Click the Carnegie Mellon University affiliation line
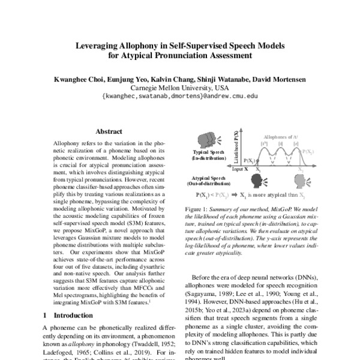click(x=180, y=86)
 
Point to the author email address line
click(x=180, y=95)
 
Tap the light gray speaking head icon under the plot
click(x=300, y=180)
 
